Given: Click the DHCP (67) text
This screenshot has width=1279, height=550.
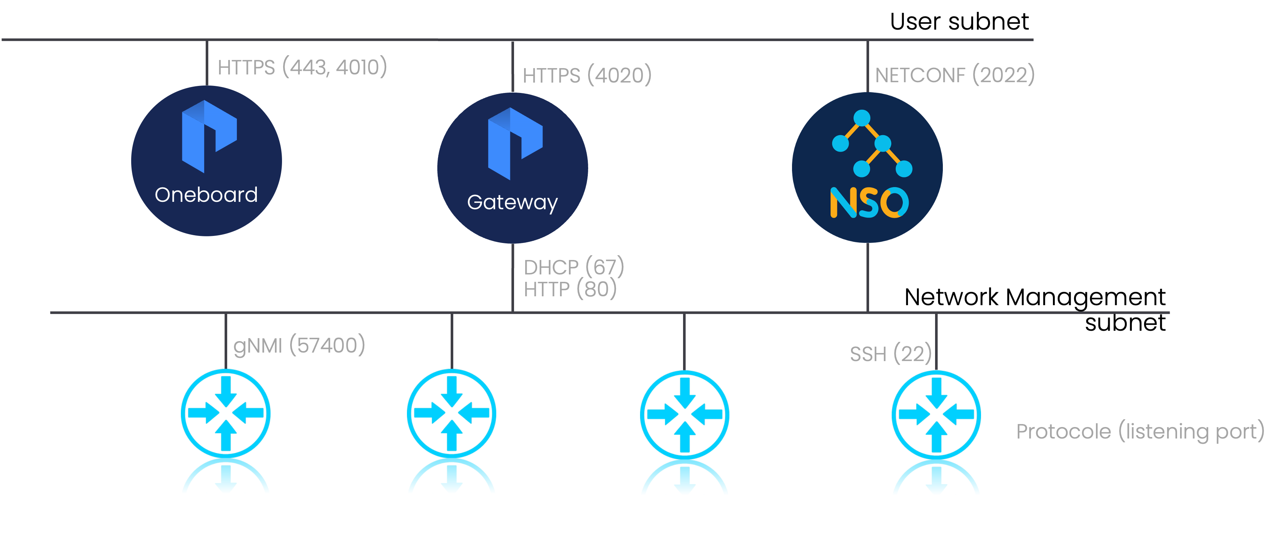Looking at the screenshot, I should coord(573,267).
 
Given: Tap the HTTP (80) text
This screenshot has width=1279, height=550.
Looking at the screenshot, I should coord(570,289).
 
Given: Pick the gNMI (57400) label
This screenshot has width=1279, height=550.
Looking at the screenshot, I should coord(299,346).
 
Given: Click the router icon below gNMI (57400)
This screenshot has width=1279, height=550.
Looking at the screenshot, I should coord(226,413).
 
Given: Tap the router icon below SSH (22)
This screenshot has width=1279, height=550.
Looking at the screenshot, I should coord(936,414).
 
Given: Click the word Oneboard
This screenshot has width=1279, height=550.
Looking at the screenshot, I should coord(206,194).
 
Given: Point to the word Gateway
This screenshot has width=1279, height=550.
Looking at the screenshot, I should coord(513,202).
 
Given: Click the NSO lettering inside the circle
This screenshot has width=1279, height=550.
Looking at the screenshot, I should coord(869,203).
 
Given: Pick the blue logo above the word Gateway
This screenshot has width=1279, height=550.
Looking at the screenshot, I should coord(515,143).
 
